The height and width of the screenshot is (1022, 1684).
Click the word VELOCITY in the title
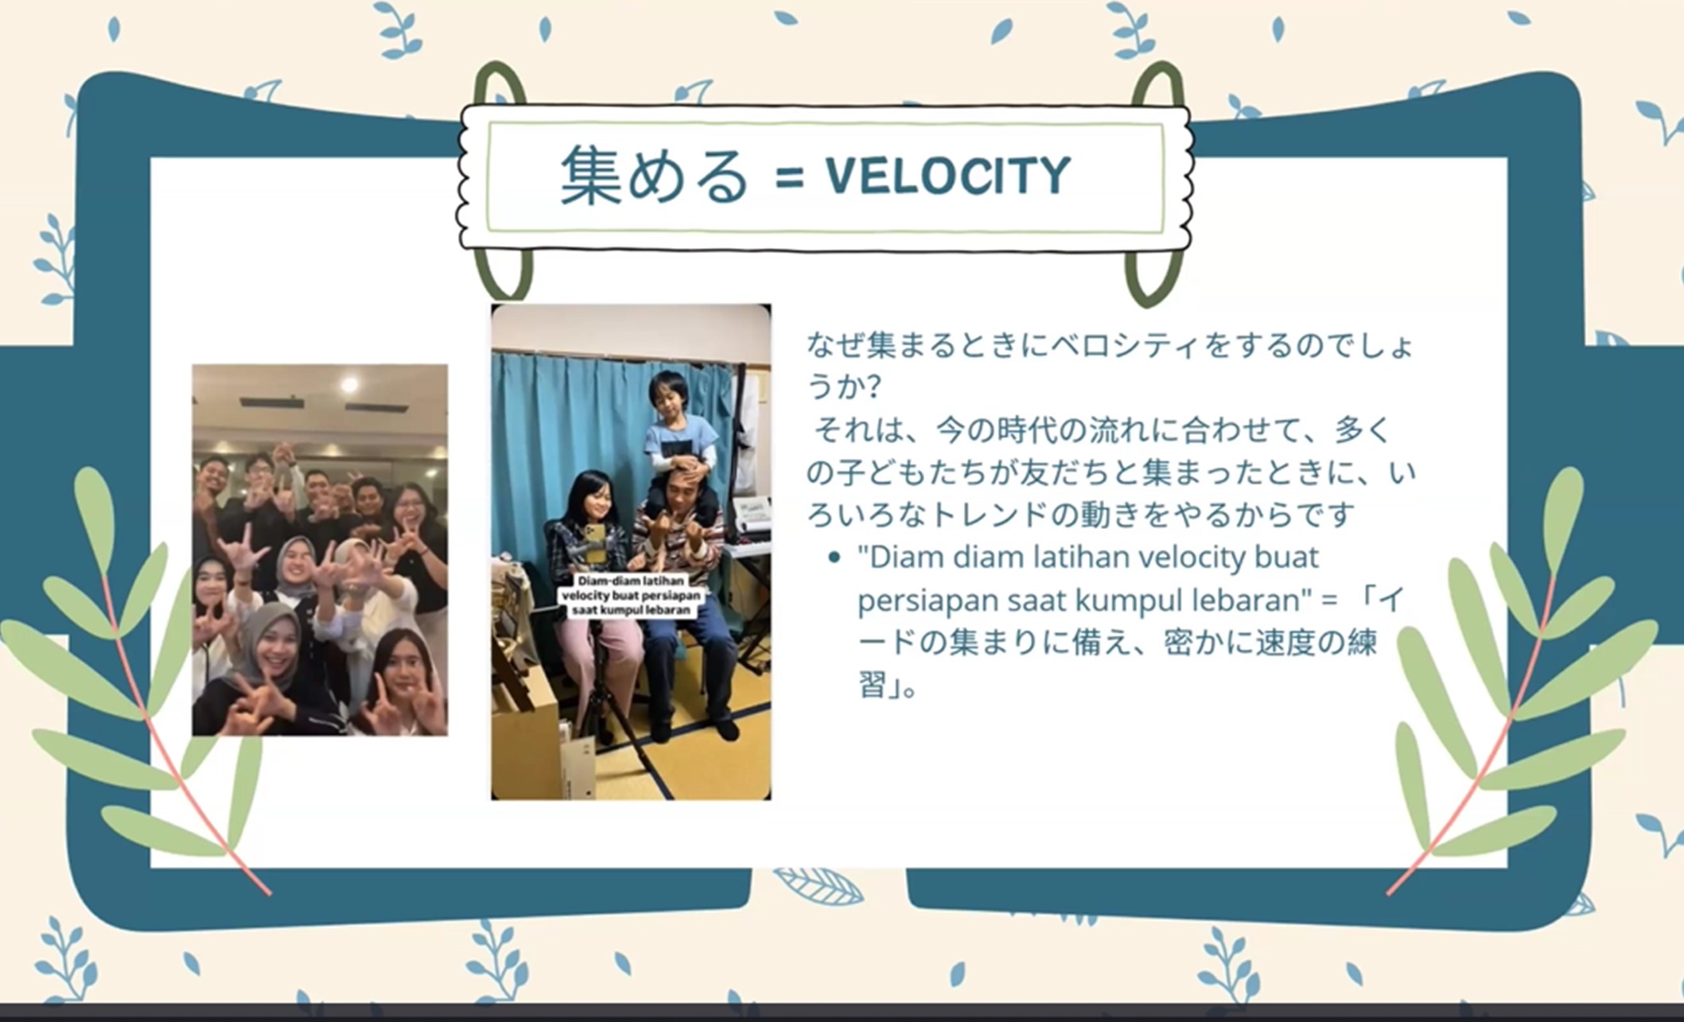click(x=948, y=175)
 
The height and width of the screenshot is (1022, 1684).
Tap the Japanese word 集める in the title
click(x=655, y=175)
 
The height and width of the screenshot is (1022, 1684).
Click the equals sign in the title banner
click(x=789, y=178)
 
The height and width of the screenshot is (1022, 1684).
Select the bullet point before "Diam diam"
click(x=834, y=558)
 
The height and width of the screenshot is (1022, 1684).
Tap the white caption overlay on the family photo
click(x=632, y=596)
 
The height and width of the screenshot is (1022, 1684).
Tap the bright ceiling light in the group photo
click(x=348, y=385)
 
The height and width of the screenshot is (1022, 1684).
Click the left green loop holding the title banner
click(x=501, y=183)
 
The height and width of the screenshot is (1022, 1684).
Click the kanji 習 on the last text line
click(x=873, y=684)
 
